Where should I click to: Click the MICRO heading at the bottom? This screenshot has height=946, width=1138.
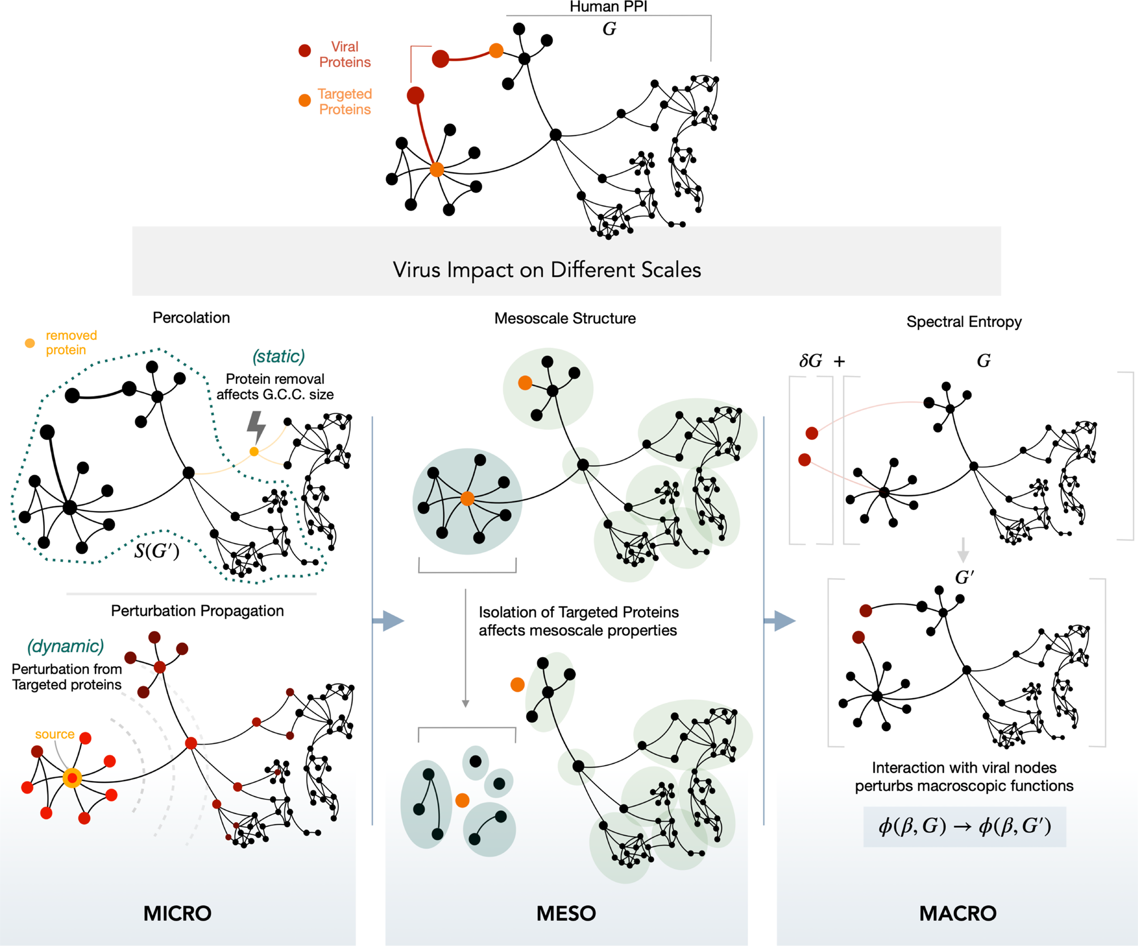(177, 913)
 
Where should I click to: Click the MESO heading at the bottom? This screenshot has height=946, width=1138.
(566, 913)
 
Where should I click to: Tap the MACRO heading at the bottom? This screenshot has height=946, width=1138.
(958, 913)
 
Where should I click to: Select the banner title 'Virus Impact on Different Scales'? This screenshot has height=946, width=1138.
(547, 269)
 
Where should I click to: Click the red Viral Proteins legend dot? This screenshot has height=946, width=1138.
(305, 51)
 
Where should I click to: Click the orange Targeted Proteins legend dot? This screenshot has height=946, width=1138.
(305, 101)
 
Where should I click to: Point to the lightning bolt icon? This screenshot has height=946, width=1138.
(256, 426)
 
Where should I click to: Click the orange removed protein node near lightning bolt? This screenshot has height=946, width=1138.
(254, 451)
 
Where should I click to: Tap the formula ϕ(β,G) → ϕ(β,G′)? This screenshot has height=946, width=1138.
(965, 826)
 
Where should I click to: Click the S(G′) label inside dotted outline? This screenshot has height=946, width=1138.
(156, 550)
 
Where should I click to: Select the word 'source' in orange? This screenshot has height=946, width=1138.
(55, 734)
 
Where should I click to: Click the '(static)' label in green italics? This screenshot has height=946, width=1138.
(279, 356)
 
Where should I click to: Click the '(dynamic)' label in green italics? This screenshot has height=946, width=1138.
(66, 646)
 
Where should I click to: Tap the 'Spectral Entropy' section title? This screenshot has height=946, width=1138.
(964, 322)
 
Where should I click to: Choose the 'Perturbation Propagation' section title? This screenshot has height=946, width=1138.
(197, 611)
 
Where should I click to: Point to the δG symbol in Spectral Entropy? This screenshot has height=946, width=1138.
(810, 361)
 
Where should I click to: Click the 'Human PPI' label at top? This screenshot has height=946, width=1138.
(608, 7)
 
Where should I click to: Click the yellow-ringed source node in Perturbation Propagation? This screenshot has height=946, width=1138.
(72, 778)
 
